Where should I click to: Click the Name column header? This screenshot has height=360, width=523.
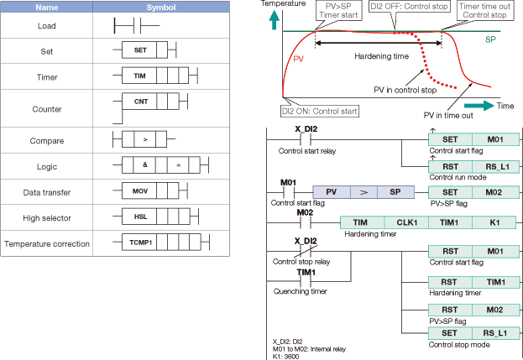(46, 8)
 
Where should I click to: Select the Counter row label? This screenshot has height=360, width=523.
(46, 109)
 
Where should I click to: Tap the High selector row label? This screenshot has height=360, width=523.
(46, 217)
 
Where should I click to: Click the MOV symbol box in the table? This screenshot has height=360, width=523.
(140, 190)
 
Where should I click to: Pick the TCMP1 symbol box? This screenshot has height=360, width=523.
(140, 244)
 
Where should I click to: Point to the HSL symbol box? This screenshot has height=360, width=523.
(140, 217)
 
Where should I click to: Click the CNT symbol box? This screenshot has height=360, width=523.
(140, 102)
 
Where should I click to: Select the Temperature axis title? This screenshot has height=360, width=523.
(283, 4)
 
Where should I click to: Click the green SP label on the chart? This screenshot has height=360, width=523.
(490, 39)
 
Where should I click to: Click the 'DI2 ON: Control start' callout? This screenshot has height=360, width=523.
(322, 110)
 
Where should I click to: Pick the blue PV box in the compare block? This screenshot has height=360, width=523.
(331, 191)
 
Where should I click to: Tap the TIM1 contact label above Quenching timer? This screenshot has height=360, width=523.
(306, 273)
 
